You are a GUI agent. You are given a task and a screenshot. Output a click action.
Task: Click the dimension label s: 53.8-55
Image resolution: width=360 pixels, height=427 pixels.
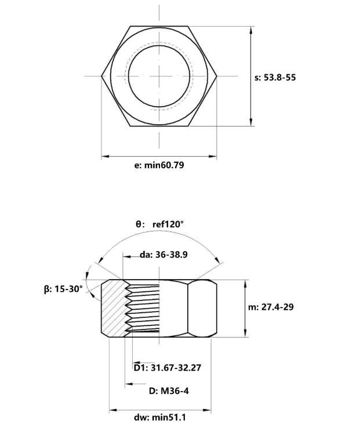(x=275, y=77)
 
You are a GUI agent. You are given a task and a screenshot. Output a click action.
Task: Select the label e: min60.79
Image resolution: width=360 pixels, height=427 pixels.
(x=159, y=165)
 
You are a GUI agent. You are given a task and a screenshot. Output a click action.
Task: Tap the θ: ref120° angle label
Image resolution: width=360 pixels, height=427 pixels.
(x=159, y=224)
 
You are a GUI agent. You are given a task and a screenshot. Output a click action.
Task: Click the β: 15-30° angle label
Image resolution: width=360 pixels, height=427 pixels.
(x=64, y=288)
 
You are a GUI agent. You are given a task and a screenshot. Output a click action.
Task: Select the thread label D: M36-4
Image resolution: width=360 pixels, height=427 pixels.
(x=169, y=391)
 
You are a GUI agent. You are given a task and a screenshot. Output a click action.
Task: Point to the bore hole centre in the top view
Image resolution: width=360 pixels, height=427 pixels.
(x=159, y=75)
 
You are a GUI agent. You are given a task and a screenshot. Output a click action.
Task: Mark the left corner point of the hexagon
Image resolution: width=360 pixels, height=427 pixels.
(x=102, y=75)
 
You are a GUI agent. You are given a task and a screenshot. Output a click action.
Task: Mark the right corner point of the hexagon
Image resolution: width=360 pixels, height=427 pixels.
(x=217, y=75)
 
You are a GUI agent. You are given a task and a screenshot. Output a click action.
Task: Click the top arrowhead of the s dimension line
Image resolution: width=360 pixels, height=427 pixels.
(x=250, y=29)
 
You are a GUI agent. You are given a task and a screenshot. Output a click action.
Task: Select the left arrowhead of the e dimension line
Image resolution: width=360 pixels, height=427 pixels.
(x=105, y=156)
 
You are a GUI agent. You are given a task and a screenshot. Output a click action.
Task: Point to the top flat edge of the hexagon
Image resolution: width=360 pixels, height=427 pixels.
(x=159, y=26)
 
